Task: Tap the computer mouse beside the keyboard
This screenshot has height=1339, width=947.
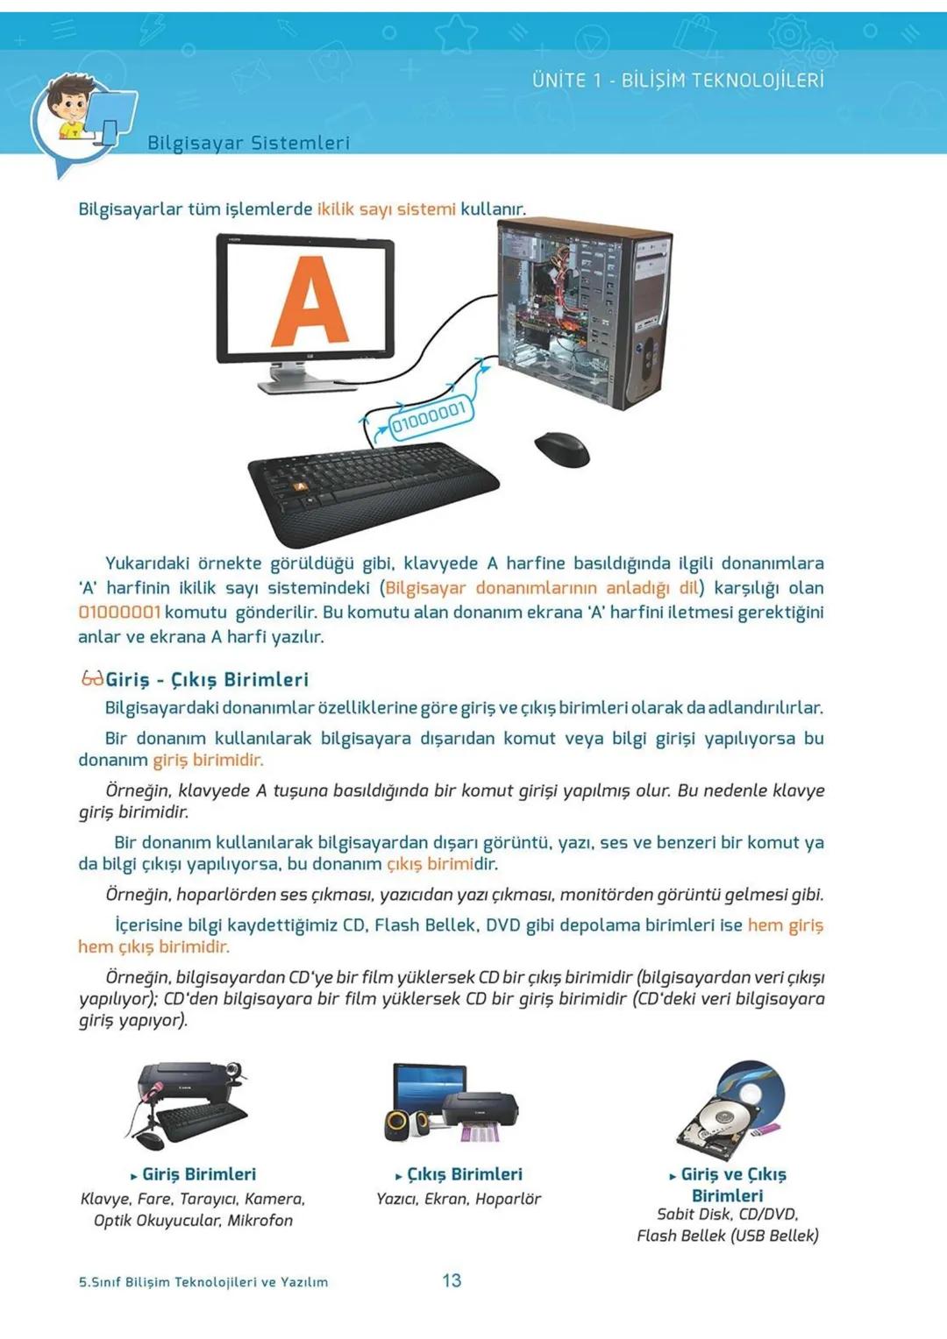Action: coord(562,449)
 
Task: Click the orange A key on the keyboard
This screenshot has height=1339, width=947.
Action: coord(300,485)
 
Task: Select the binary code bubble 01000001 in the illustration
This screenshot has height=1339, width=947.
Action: coord(428,418)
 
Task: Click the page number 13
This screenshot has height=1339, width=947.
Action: coord(452,1280)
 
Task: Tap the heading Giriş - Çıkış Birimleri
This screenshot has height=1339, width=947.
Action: coord(207,679)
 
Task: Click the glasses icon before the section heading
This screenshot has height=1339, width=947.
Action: coord(91,678)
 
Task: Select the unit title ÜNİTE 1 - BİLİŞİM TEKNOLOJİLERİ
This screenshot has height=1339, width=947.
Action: coord(678,81)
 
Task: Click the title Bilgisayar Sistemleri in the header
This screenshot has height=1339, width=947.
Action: coord(248,143)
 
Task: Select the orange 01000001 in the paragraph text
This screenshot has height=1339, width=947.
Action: coord(119,613)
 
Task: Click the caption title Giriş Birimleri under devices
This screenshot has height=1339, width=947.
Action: coord(199,1174)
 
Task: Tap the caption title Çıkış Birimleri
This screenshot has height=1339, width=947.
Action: coord(464,1174)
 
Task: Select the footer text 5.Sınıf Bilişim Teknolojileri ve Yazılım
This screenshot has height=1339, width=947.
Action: coord(203,1282)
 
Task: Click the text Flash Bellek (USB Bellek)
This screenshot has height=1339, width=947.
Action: coord(727,1236)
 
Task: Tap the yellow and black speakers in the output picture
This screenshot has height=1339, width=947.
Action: coord(405,1124)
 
